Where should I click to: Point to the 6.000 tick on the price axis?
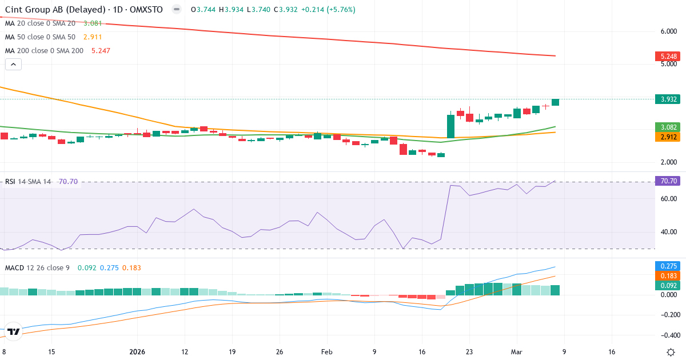pos(669,31)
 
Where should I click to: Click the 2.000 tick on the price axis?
pos(669,162)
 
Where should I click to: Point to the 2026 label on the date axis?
pos(138,352)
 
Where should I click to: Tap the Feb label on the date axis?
pos(326,352)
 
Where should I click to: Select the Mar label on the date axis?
pos(517,352)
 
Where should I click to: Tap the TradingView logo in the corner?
pos(14,331)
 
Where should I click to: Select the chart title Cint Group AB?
pos(40,10)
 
